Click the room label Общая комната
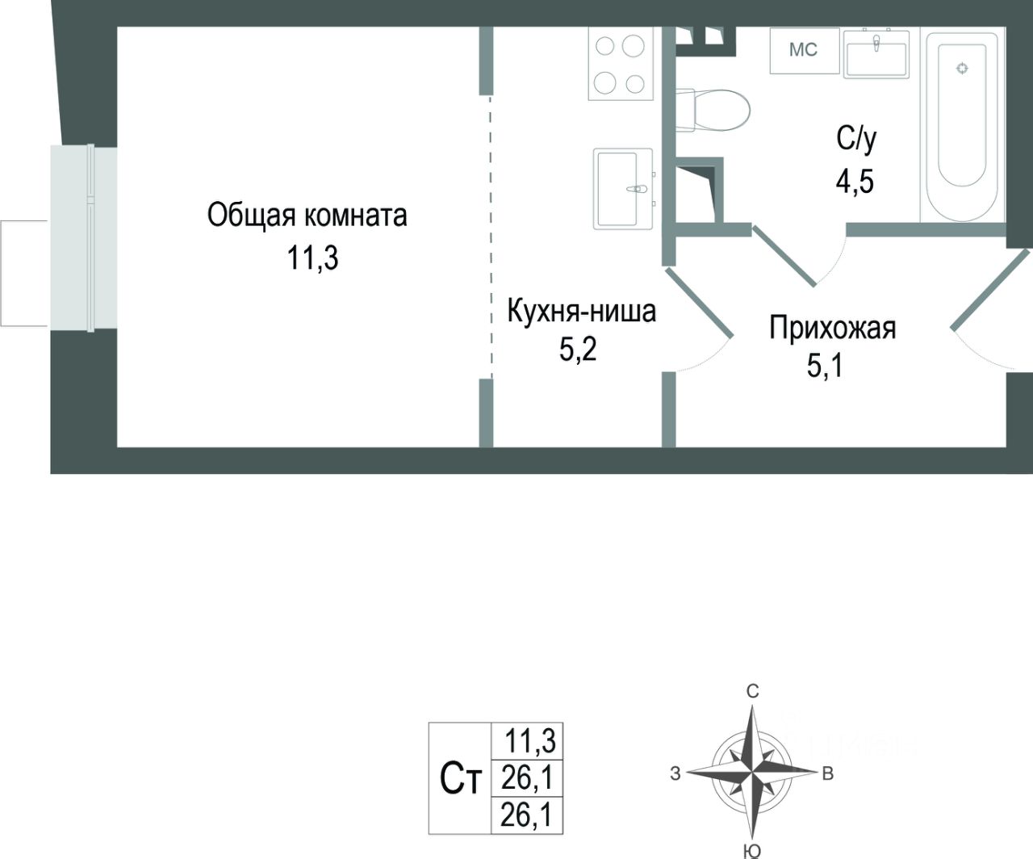(307, 216)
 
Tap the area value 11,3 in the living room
(312, 258)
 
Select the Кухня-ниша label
(581, 311)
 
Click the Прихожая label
(832, 329)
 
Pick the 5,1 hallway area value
(825, 367)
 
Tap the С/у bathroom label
(855, 140)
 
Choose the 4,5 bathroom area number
(855, 181)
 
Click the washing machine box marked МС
(803, 50)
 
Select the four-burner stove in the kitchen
(620, 64)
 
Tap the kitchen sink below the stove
(623, 188)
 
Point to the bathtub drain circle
(961, 69)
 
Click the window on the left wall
(84, 237)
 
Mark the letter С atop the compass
(752, 691)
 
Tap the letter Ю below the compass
(751, 850)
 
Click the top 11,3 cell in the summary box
(531, 740)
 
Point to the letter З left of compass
(675, 774)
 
